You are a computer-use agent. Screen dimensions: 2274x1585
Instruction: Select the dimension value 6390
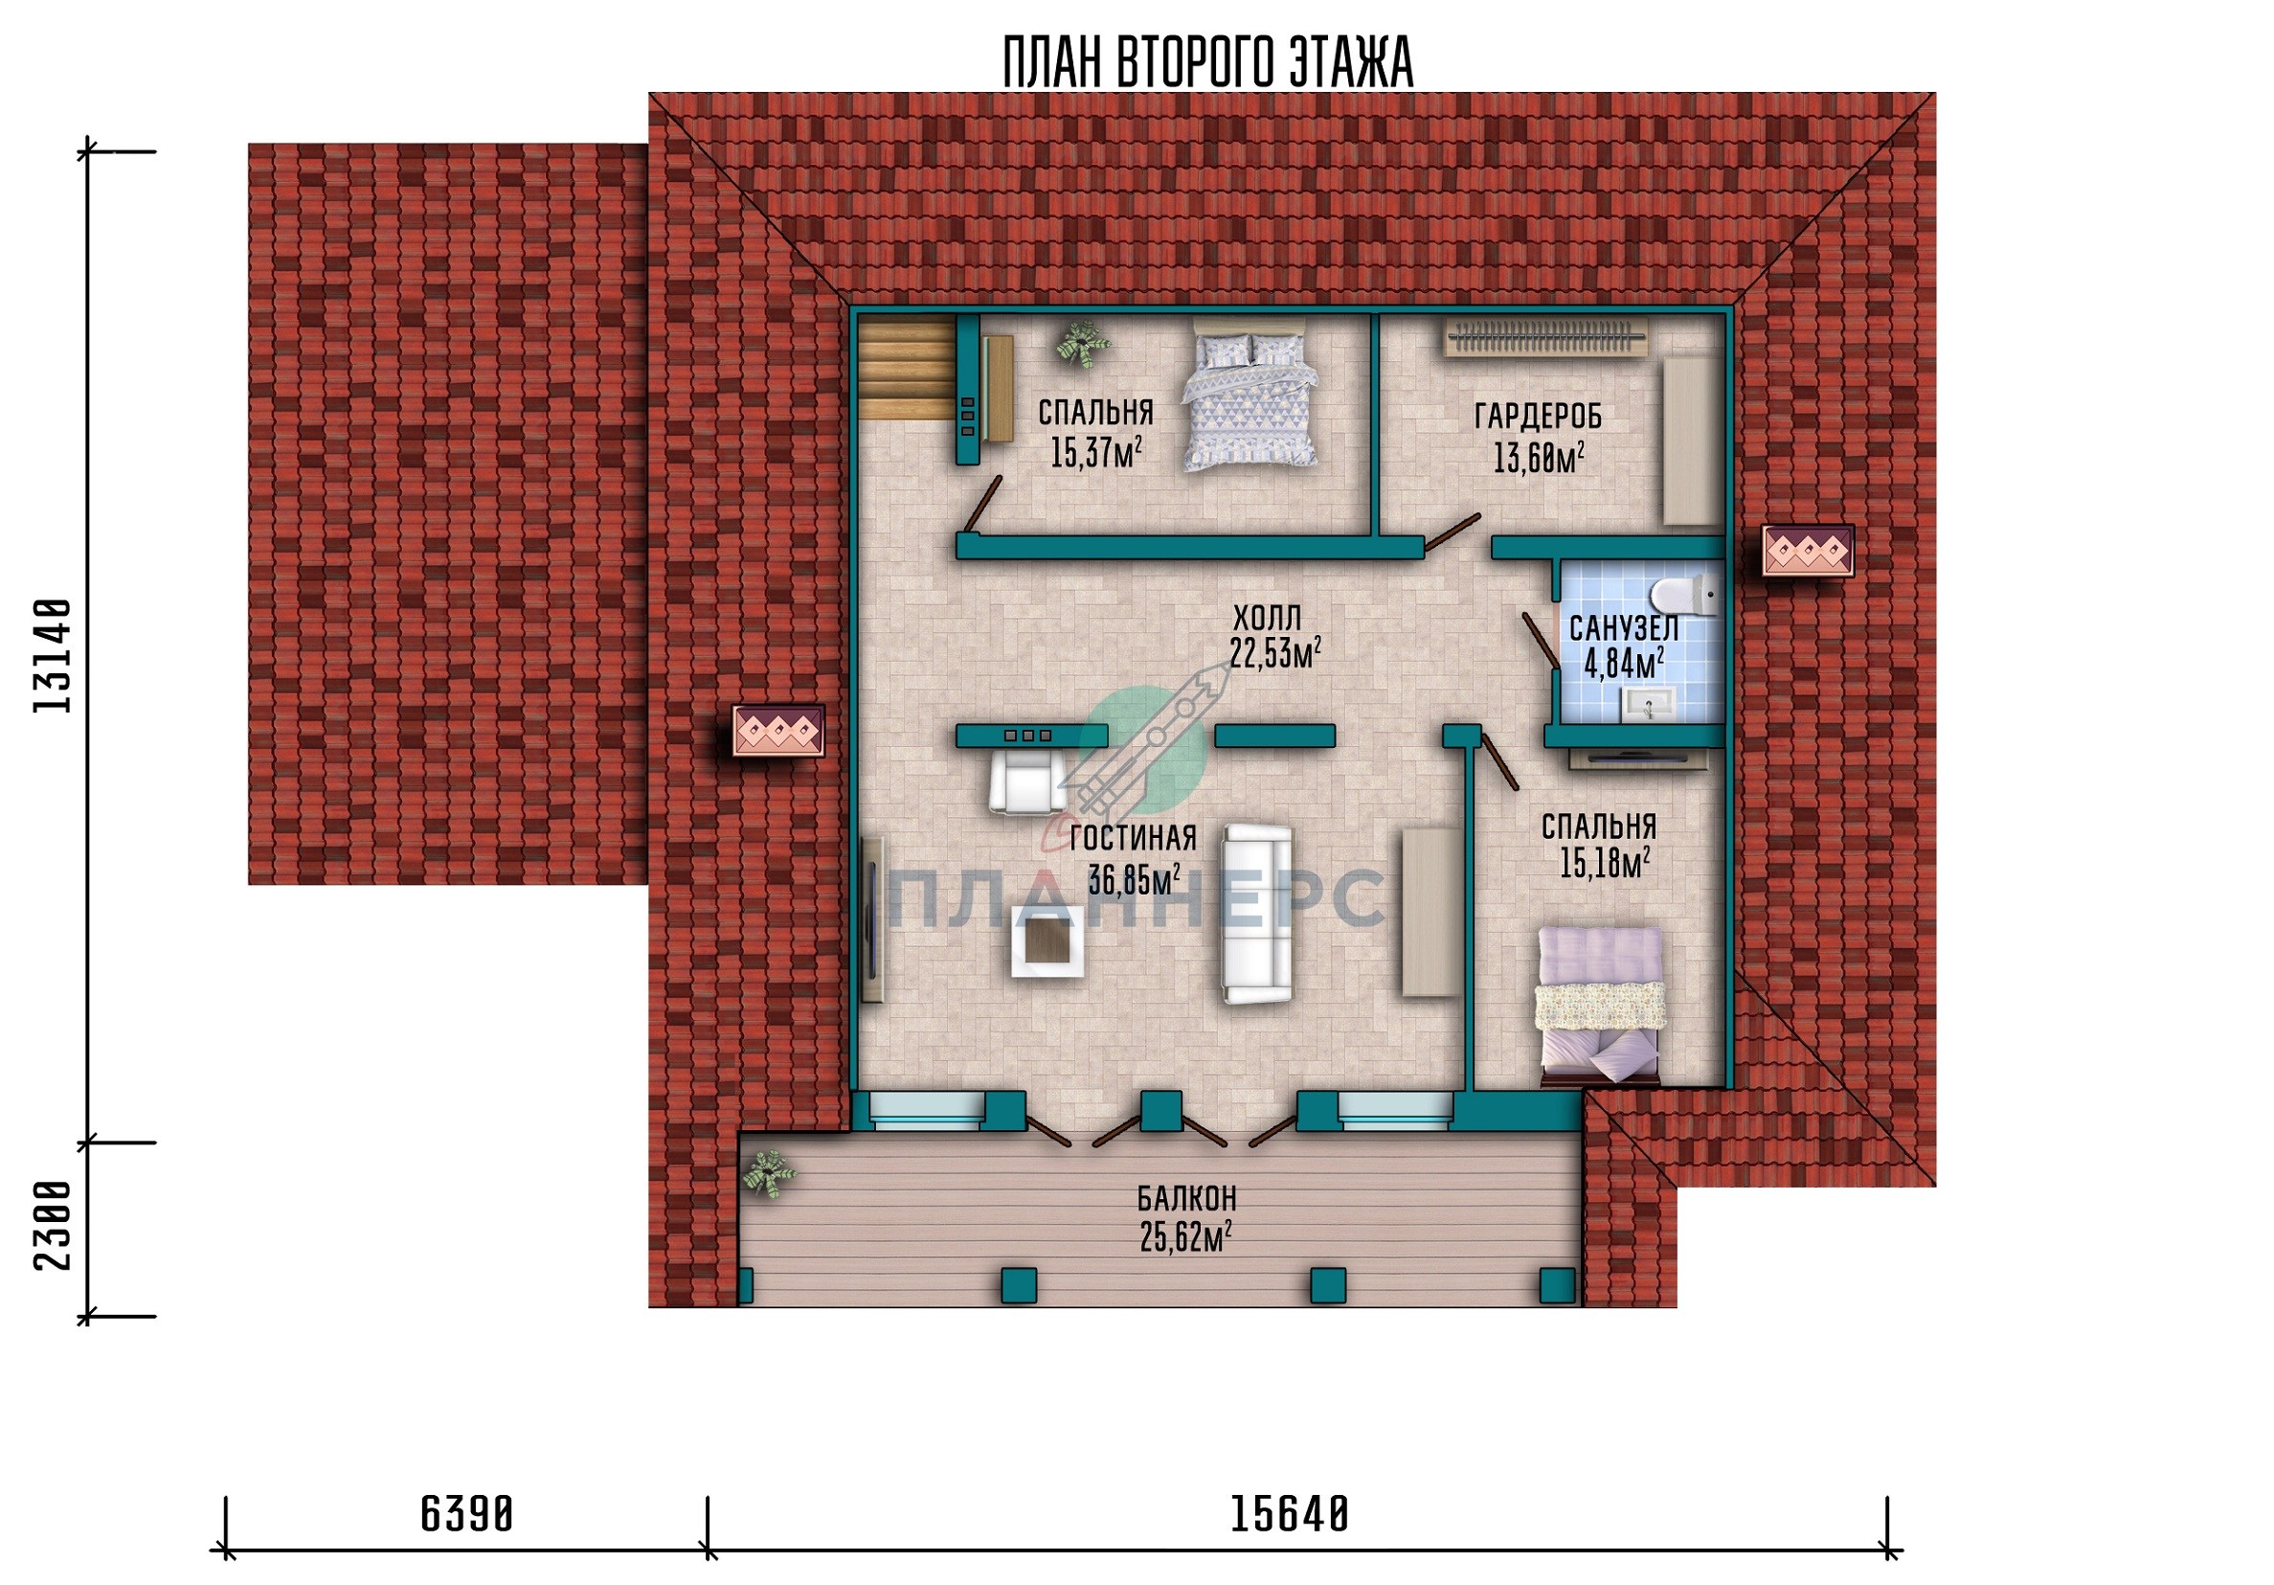tap(466, 1514)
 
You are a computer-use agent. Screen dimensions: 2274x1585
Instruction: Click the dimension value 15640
tap(1290, 1514)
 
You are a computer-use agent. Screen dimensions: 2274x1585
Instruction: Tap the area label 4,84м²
tap(1623, 663)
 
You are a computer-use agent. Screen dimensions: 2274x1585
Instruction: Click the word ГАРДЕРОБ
tap(1537, 417)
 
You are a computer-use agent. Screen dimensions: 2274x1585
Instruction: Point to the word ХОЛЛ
tap(1267, 619)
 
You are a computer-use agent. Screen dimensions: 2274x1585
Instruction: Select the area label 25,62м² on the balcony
tap(1186, 1236)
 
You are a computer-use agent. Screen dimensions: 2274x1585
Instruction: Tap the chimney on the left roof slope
tap(777, 731)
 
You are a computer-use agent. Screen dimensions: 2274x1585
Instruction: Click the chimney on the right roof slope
tap(1808, 551)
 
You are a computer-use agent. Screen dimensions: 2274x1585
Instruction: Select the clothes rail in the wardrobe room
tap(1545, 338)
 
